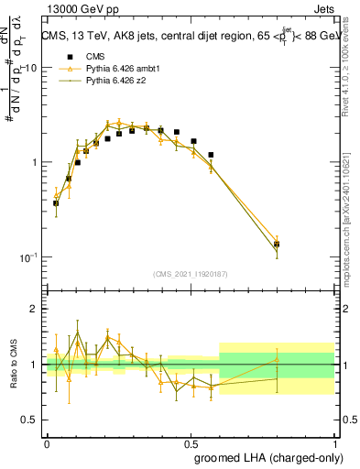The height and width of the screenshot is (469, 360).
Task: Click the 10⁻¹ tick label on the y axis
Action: (x=27, y=257)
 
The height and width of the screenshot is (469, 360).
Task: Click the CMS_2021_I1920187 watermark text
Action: (x=191, y=274)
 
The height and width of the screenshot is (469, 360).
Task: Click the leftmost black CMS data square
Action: (x=56, y=203)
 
